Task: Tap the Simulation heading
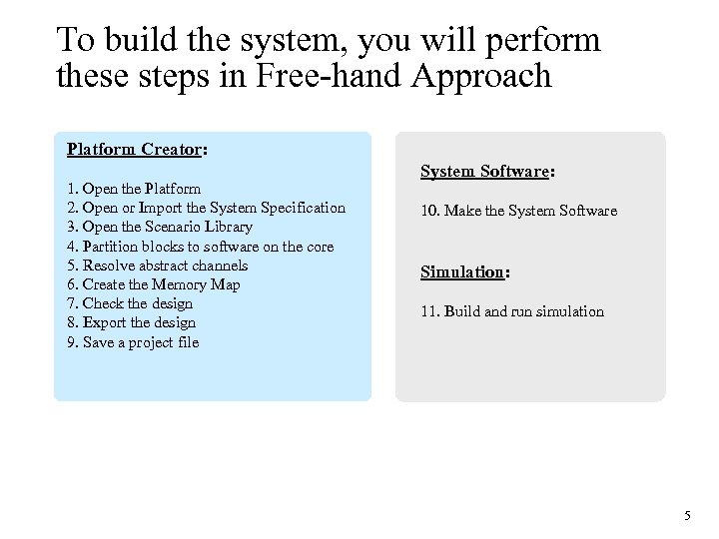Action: [x=464, y=272]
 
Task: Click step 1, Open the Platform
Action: [x=134, y=188]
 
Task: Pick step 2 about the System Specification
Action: [x=206, y=208]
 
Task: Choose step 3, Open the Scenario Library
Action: [x=159, y=227]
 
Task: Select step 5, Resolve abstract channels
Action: [x=157, y=266]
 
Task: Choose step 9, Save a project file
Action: [x=133, y=342]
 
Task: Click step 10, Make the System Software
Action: [x=518, y=211]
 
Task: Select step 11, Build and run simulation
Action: [x=511, y=311]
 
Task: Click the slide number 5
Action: [x=687, y=516]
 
